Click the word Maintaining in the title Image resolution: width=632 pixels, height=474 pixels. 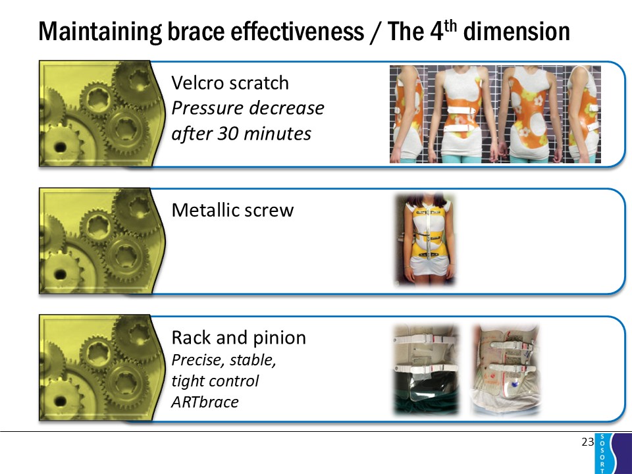point(100,32)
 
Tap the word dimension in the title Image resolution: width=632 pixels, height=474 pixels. point(516,32)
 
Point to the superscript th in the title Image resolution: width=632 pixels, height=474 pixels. point(450,26)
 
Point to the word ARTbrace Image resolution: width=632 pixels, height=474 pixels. point(205,402)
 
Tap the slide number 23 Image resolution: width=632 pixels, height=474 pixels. point(588,442)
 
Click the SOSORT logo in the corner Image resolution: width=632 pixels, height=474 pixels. point(613,454)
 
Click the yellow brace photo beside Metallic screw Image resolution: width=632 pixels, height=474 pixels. point(425,240)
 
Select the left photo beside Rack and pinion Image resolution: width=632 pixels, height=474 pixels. point(426,369)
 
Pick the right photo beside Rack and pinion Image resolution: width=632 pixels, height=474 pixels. point(506,369)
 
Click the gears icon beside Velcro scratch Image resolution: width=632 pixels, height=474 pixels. point(102,113)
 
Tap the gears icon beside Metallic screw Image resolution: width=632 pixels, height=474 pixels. point(102,241)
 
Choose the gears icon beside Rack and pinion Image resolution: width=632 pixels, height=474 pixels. point(102,367)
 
